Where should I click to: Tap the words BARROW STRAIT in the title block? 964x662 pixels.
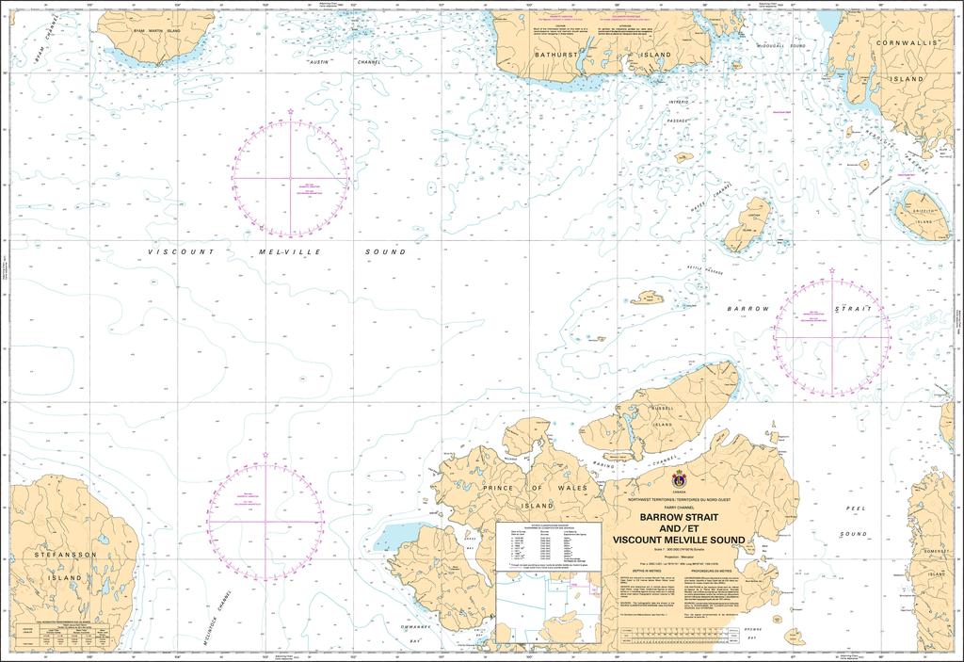(x=679, y=517)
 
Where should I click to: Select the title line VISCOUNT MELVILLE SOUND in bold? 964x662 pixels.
(x=679, y=540)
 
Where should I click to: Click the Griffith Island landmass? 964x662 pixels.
(x=919, y=214)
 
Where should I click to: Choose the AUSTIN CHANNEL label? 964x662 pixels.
(x=329, y=62)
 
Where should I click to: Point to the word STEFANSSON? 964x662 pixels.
(x=59, y=556)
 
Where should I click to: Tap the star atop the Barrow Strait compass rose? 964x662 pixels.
(x=832, y=270)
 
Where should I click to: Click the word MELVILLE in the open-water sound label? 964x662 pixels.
(x=276, y=252)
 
